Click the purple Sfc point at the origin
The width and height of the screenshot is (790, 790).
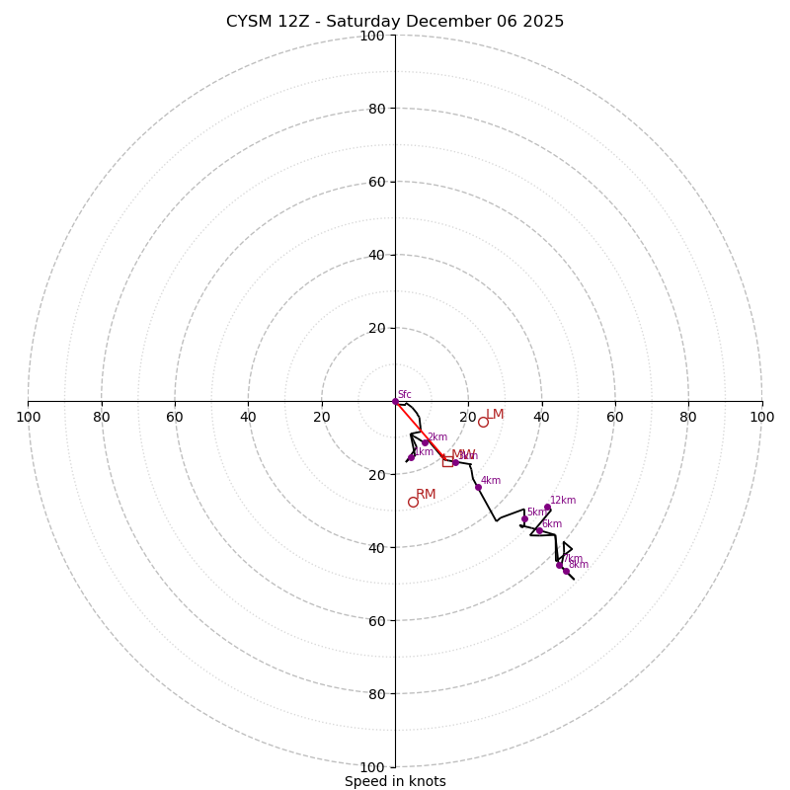click(395, 401)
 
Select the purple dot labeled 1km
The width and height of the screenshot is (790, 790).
click(411, 457)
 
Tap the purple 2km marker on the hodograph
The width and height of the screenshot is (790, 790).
click(426, 442)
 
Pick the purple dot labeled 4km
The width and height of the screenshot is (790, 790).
click(478, 487)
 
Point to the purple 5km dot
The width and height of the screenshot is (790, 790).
click(524, 518)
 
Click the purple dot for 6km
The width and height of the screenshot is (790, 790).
click(539, 530)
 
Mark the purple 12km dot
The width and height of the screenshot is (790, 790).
click(547, 507)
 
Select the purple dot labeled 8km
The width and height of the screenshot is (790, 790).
click(566, 571)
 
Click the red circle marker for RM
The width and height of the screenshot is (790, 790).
click(413, 502)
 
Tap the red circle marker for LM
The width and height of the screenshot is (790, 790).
click(483, 422)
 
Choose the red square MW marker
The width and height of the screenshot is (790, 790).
click(447, 461)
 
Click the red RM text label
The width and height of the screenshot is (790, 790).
click(426, 494)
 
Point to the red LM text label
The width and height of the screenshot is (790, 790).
click(495, 415)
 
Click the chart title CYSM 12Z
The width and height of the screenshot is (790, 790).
click(395, 22)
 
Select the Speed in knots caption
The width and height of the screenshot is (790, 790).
click(395, 781)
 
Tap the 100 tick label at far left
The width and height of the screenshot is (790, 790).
click(28, 417)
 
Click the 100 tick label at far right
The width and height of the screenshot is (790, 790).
click(761, 417)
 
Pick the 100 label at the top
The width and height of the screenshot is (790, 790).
click(372, 36)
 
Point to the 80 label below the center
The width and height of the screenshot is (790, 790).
click(376, 693)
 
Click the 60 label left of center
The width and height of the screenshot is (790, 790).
click(175, 417)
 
